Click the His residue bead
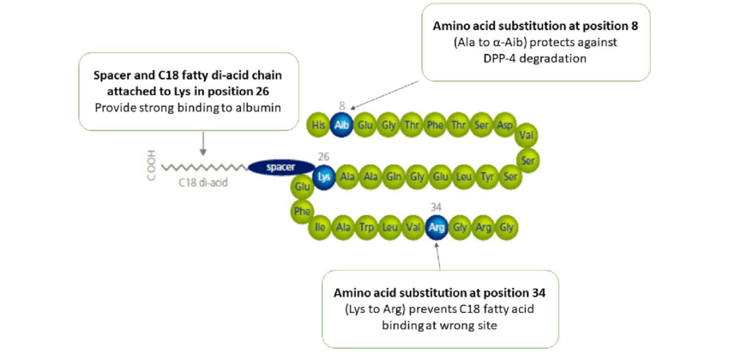(x=319, y=125)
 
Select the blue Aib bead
(x=341, y=125)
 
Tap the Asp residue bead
(x=505, y=125)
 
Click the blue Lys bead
(x=324, y=177)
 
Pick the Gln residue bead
(x=394, y=177)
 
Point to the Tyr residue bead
(x=487, y=177)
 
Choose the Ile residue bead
(x=320, y=228)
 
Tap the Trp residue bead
(x=366, y=228)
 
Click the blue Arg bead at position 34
(x=437, y=228)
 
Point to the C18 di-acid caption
(x=203, y=183)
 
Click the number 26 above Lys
(x=323, y=157)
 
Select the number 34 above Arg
(x=437, y=207)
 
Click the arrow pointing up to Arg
(x=438, y=255)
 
